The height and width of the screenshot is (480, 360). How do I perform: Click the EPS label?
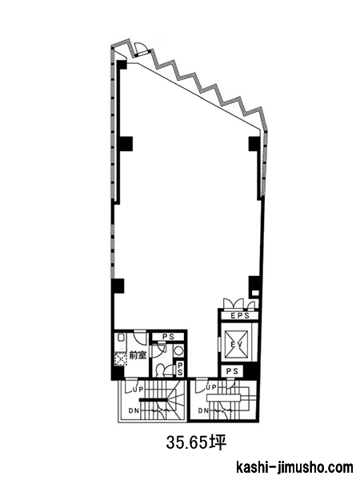click(x=240, y=316)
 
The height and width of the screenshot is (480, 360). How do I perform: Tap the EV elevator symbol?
click(x=236, y=344)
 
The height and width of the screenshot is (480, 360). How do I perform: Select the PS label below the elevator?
click(x=232, y=371)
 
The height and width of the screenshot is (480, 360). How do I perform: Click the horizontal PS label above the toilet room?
click(x=168, y=337)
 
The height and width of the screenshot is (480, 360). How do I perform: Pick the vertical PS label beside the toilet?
click(x=180, y=369)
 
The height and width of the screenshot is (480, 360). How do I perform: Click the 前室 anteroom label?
click(x=138, y=355)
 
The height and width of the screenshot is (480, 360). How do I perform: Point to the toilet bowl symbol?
click(x=160, y=370)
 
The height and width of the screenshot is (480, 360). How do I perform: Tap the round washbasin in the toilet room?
click(x=178, y=350)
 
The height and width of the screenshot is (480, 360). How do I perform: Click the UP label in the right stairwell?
click(x=211, y=387)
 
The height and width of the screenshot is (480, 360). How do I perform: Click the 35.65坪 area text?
click(x=196, y=442)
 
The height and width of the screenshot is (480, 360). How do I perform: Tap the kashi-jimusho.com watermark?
click(x=294, y=468)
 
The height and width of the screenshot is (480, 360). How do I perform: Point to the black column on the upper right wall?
click(x=254, y=143)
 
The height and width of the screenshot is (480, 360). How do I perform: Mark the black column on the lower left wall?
click(x=118, y=286)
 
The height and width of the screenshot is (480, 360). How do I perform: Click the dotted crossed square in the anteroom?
click(x=121, y=359)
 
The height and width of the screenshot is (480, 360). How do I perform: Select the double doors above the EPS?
click(x=239, y=303)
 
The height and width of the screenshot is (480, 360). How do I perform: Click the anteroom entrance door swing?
click(x=140, y=338)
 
